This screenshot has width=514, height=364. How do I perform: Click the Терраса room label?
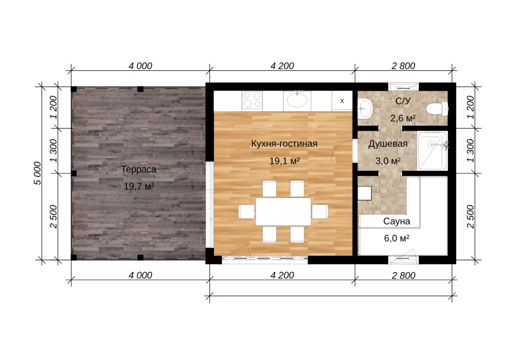point(139,170)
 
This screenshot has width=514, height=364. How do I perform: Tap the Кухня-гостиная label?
point(284,144)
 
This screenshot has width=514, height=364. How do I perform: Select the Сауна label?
point(397,221)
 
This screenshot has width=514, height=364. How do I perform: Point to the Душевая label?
point(388,144)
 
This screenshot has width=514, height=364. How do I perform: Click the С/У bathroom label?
point(403,101)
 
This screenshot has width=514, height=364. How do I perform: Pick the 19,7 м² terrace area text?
point(139,187)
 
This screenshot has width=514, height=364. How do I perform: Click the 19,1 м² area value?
point(285,161)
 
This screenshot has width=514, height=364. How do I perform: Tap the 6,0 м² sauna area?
point(397,238)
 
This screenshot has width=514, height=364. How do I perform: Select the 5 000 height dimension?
point(38,173)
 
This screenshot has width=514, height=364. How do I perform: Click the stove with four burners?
point(252,100)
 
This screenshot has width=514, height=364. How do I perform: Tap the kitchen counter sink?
point(297,100)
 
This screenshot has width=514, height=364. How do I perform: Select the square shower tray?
point(433,151)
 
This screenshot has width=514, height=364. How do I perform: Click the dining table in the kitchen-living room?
point(283,211)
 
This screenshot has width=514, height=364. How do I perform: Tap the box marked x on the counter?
point(342,101)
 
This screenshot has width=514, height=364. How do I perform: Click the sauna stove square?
point(364,194)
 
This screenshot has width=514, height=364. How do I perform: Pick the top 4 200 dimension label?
point(282,66)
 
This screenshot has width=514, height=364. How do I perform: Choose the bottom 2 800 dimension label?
point(404,276)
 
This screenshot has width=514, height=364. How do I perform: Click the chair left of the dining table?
point(246,212)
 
